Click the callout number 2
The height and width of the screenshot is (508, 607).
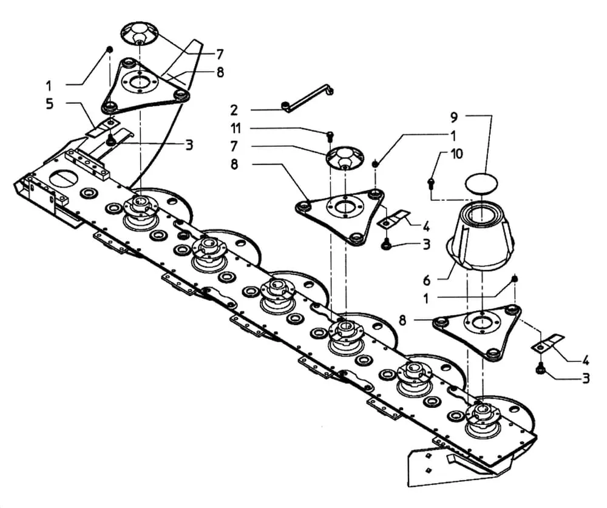click(234, 110)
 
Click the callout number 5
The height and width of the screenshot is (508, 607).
click(50, 104)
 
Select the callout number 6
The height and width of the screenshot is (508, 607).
click(427, 280)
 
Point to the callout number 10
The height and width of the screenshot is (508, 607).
click(457, 154)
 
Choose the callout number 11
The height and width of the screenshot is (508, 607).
click(236, 128)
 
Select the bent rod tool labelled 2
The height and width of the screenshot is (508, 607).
click(307, 98)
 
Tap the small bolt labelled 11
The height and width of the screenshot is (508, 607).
click(330, 137)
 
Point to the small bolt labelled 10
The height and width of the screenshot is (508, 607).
click(430, 183)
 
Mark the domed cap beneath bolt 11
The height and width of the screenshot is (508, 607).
click(345, 158)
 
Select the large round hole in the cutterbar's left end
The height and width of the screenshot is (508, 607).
click(63, 180)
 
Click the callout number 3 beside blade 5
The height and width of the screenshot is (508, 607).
click(189, 145)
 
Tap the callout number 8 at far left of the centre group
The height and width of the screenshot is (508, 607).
click(235, 164)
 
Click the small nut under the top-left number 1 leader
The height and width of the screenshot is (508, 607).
click(109, 50)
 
